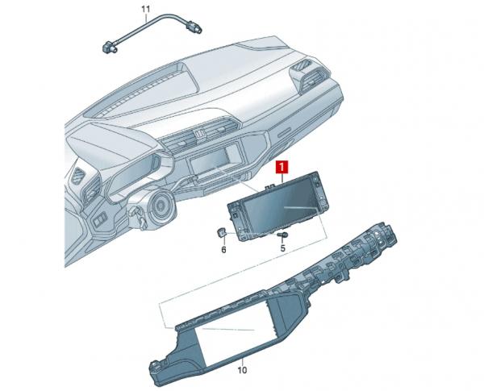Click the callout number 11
pos(146,9)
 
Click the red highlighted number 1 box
pos(282,167)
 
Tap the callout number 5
pos(283,248)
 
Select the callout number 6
pos(223,249)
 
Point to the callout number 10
pos(242,370)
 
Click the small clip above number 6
pos(221,233)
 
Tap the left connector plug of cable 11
pos(109,46)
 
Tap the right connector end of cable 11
pos(194,27)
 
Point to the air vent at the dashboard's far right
pos(309,75)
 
